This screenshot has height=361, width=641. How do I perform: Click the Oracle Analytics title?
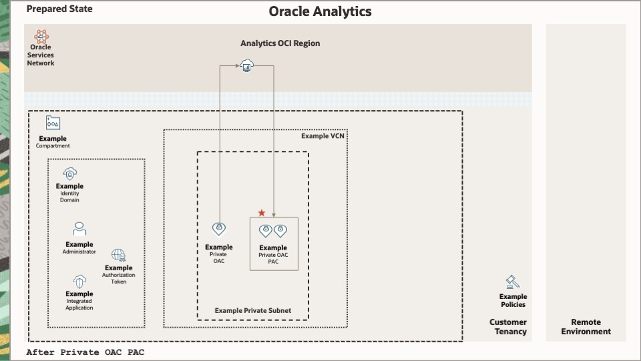tap(320, 11)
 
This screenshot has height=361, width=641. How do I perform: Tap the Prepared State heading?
tap(59, 9)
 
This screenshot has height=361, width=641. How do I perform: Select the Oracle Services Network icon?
tap(41, 36)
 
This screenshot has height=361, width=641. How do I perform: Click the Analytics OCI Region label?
tap(280, 43)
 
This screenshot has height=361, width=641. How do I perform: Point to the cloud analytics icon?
tap(246, 65)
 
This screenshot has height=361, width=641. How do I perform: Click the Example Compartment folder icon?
tap(53, 123)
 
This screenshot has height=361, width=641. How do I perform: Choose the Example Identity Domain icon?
tap(70, 173)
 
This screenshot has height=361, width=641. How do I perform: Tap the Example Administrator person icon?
tap(79, 229)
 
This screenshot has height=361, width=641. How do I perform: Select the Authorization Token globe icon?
tap(119, 255)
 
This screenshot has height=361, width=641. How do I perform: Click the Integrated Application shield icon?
tap(79, 282)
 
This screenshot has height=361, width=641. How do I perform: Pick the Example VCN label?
tap(323, 136)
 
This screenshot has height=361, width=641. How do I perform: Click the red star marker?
tap(262, 213)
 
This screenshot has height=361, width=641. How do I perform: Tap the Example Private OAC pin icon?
tap(219, 230)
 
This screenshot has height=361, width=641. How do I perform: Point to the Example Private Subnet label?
tap(253, 311)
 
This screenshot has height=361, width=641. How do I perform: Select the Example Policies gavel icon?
tap(513, 282)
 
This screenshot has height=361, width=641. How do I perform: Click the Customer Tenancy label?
tap(508, 327)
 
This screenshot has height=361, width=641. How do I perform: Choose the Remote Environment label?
tap(586, 327)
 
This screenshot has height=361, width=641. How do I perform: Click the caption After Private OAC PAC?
tap(85, 352)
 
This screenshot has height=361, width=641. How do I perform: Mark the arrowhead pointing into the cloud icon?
tap(238, 65)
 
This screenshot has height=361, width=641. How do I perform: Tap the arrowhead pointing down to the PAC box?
tap(274, 216)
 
